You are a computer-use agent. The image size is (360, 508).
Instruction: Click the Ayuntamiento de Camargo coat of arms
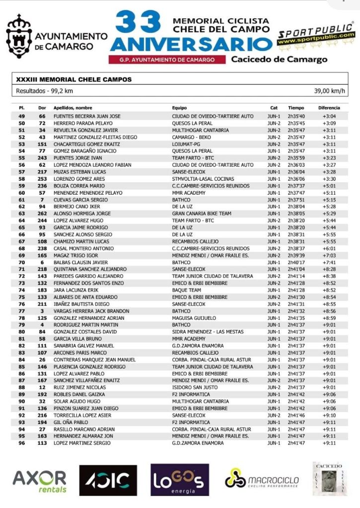(x=18, y=37)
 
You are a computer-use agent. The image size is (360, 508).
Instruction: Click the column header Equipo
(x=179, y=107)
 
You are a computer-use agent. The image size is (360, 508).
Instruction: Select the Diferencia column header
(x=329, y=107)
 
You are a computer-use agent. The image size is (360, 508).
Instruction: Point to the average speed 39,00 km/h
(x=330, y=91)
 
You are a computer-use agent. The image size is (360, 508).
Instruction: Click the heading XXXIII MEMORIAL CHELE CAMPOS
(x=74, y=79)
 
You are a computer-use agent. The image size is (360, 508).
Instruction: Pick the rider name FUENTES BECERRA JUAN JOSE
(x=87, y=116)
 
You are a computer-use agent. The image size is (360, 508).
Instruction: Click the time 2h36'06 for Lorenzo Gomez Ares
(x=296, y=179)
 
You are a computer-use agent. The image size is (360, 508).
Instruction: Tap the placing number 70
(x=22, y=262)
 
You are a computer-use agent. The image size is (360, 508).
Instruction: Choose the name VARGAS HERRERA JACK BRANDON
(x=87, y=311)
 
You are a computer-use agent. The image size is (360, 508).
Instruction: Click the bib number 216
(x=42, y=415)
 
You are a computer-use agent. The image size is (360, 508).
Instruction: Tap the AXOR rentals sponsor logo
(x=39, y=480)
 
